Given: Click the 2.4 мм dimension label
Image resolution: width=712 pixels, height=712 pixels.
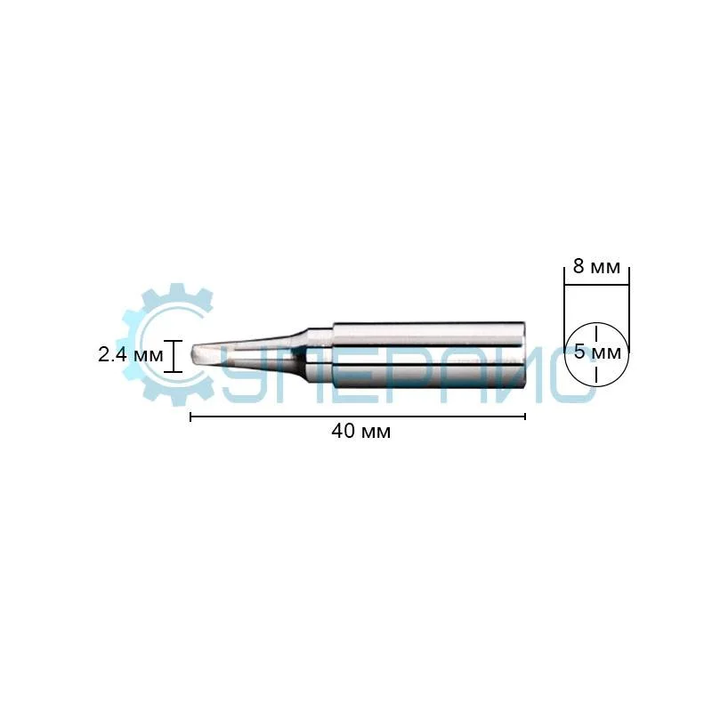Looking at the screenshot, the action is (x=130, y=354).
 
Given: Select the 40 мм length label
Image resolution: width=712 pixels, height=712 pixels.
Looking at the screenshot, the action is (x=361, y=431).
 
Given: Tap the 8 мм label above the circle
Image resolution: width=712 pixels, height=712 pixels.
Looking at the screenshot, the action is (x=596, y=266).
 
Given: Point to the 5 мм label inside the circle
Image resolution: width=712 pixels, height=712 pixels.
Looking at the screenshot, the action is (x=597, y=352).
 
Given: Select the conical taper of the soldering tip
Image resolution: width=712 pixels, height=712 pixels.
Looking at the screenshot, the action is (x=255, y=355).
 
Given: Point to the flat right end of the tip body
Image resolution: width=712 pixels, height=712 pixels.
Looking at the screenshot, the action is (x=524, y=355).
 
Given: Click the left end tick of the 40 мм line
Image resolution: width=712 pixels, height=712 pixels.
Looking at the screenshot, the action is (x=190, y=417).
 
